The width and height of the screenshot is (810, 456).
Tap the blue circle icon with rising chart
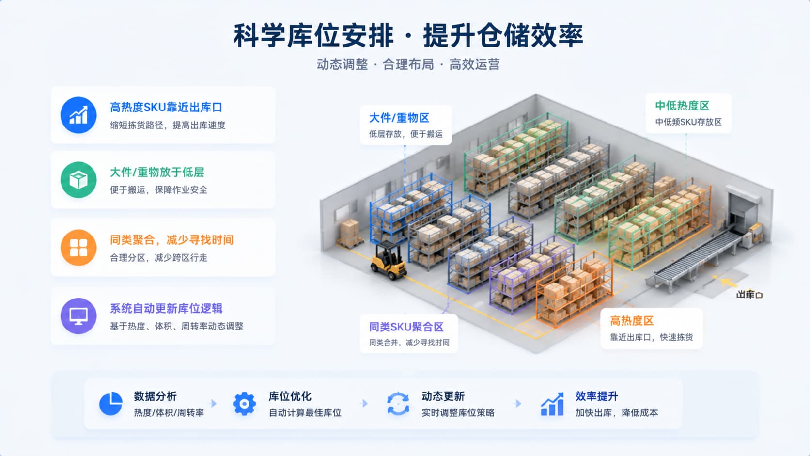click(78, 115)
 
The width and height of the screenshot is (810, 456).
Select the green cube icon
click(78, 180)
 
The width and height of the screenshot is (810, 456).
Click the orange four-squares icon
click(78, 248)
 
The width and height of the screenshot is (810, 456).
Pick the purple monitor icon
click(78, 315)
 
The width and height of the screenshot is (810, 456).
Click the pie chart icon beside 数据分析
click(110, 404)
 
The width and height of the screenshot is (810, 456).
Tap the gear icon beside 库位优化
click(245, 404)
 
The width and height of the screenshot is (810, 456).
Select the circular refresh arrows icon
click(398, 404)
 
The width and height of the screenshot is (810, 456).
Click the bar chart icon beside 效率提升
click(552, 404)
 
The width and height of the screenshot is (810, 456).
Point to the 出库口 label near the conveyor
click(749, 295)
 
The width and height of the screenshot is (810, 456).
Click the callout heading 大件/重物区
click(399, 118)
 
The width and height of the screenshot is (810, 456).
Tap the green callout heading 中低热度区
click(683, 106)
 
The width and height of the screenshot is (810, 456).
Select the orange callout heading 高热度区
click(632, 321)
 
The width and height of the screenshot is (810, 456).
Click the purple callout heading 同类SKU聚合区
click(406, 327)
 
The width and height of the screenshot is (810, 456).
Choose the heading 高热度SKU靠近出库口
click(166, 108)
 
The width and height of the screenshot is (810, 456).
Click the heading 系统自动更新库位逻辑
click(166, 309)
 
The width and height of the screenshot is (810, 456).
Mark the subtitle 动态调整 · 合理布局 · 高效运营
click(408, 64)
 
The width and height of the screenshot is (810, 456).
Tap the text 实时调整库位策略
click(458, 412)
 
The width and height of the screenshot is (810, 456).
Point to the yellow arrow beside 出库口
click(727, 282)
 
